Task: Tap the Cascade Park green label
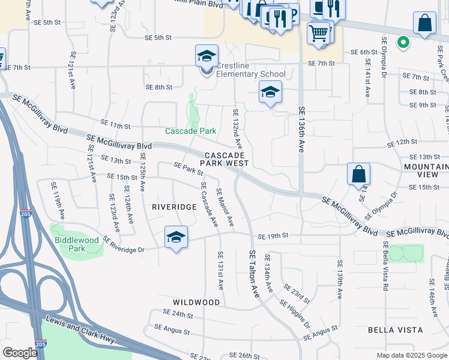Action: click(x=190, y=131)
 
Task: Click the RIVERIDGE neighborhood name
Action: click(x=174, y=206)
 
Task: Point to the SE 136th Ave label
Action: click(x=302, y=129)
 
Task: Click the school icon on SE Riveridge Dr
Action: click(x=176, y=237)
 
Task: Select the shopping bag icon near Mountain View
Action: click(x=358, y=175)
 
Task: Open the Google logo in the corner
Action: click(x=20, y=353)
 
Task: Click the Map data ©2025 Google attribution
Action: click(x=412, y=355)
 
